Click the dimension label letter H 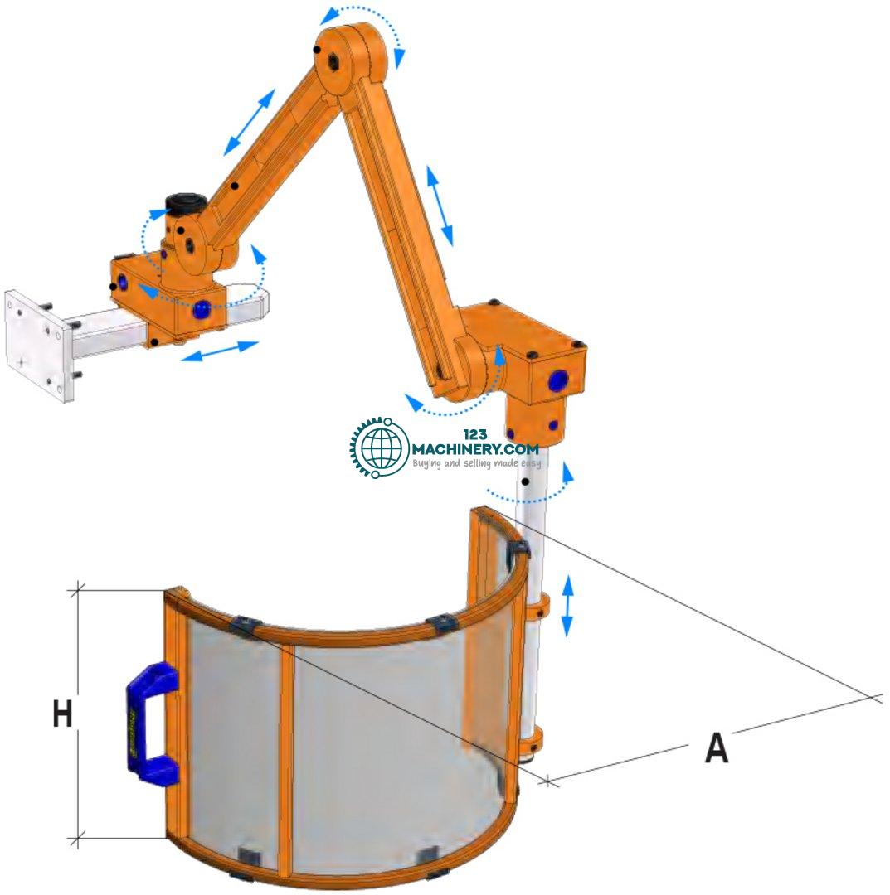tap(63, 714)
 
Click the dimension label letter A tap(717, 747)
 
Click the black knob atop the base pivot tap(187, 204)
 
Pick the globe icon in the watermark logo tap(381, 447)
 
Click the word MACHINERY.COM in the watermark tap(475, 448)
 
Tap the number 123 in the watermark tap(475, 435)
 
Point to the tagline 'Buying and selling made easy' tap(476, 463)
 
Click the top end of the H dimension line tap(77, 590)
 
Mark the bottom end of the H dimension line tap(77, 839)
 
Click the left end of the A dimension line tap(547, 781)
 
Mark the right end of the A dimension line tap(874, 698)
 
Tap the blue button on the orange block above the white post tap(557, 380)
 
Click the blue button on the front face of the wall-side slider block tap(201, 310)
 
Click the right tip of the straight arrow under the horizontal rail tap(259, 342)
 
